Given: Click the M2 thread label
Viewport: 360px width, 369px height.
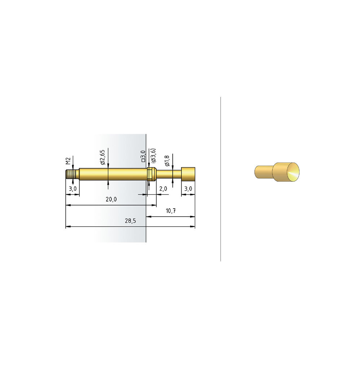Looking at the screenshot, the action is coord(68,161).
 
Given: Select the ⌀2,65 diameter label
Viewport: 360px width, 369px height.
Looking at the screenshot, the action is coord(102,157).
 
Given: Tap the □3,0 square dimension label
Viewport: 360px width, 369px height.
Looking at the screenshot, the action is coord(143,156).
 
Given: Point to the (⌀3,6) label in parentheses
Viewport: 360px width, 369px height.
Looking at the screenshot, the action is coord(154,156).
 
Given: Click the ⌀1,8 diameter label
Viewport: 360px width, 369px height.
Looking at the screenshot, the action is coord(167,160).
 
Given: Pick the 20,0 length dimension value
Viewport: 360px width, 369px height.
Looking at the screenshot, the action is coord(111,199).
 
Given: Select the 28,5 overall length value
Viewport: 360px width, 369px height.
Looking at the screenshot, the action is coord(131,221).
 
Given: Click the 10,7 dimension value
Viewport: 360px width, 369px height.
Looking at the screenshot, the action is coord(171,210).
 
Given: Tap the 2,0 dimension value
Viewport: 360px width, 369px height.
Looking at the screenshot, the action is coord(163,189).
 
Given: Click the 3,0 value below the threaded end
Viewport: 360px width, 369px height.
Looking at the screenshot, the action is coord(73,189).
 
